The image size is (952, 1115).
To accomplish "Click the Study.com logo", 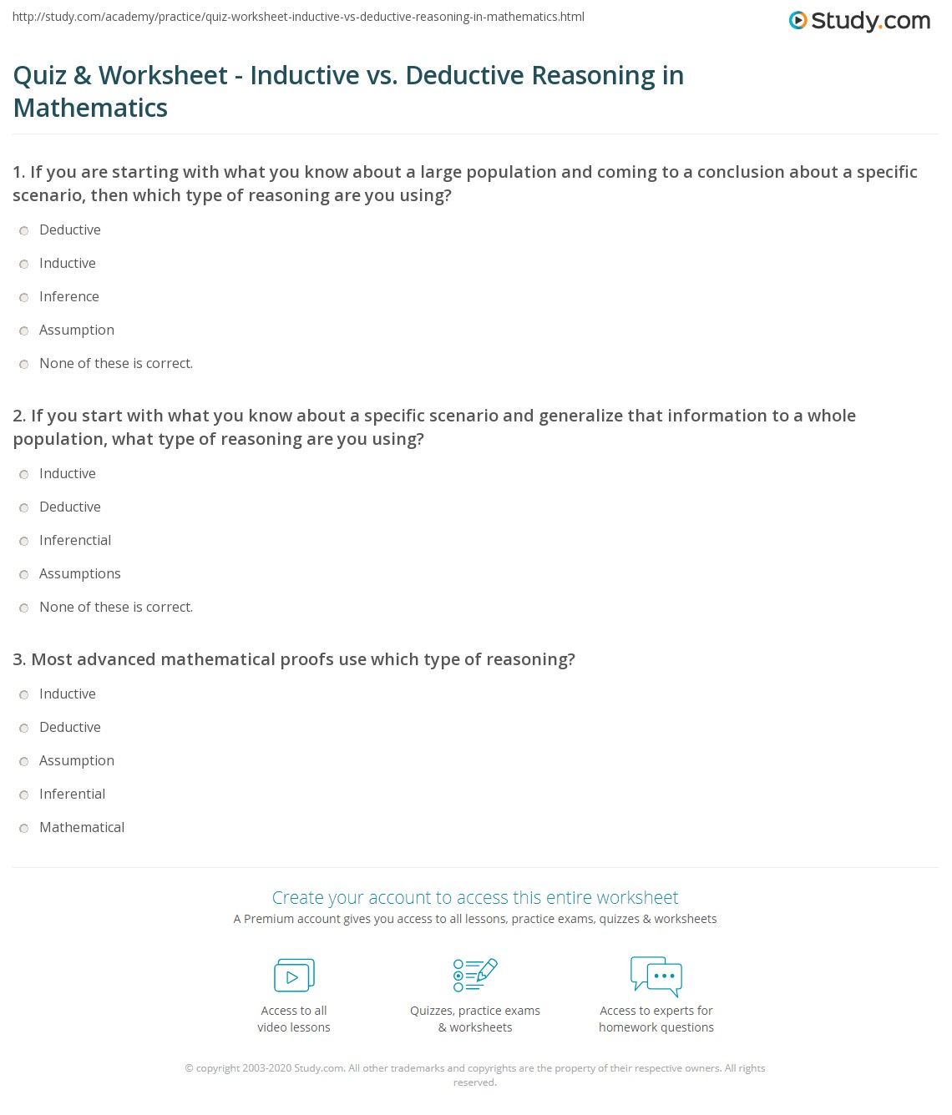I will coord(859,21).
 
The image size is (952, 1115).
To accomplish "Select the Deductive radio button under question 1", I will coord(24,230).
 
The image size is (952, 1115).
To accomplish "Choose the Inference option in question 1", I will coord(24,297).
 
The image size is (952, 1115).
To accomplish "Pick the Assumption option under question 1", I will coord(24,330).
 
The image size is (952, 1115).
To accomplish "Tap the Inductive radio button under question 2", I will coord(24,474).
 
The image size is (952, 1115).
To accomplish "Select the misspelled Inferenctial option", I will coord(24,541).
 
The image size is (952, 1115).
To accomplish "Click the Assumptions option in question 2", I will coord(24,574).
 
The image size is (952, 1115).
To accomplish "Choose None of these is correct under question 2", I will coord(24,608).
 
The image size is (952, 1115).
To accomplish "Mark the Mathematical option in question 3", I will coord(24,828).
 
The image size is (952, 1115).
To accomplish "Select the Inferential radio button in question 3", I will coord(24,795).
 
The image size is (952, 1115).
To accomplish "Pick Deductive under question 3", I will coord(24,728).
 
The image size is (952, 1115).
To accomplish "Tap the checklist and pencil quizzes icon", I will coord(475,975).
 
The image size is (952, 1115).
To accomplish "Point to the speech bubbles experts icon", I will coord(656,976).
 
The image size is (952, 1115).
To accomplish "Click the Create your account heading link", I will coord(475,898).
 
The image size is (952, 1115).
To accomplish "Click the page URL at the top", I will coord(298,17).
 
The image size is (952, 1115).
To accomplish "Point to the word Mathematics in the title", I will coord(90,108).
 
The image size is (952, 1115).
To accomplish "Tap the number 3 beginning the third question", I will coord(18,660).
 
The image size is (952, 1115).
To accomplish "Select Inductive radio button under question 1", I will coord(24,264).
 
